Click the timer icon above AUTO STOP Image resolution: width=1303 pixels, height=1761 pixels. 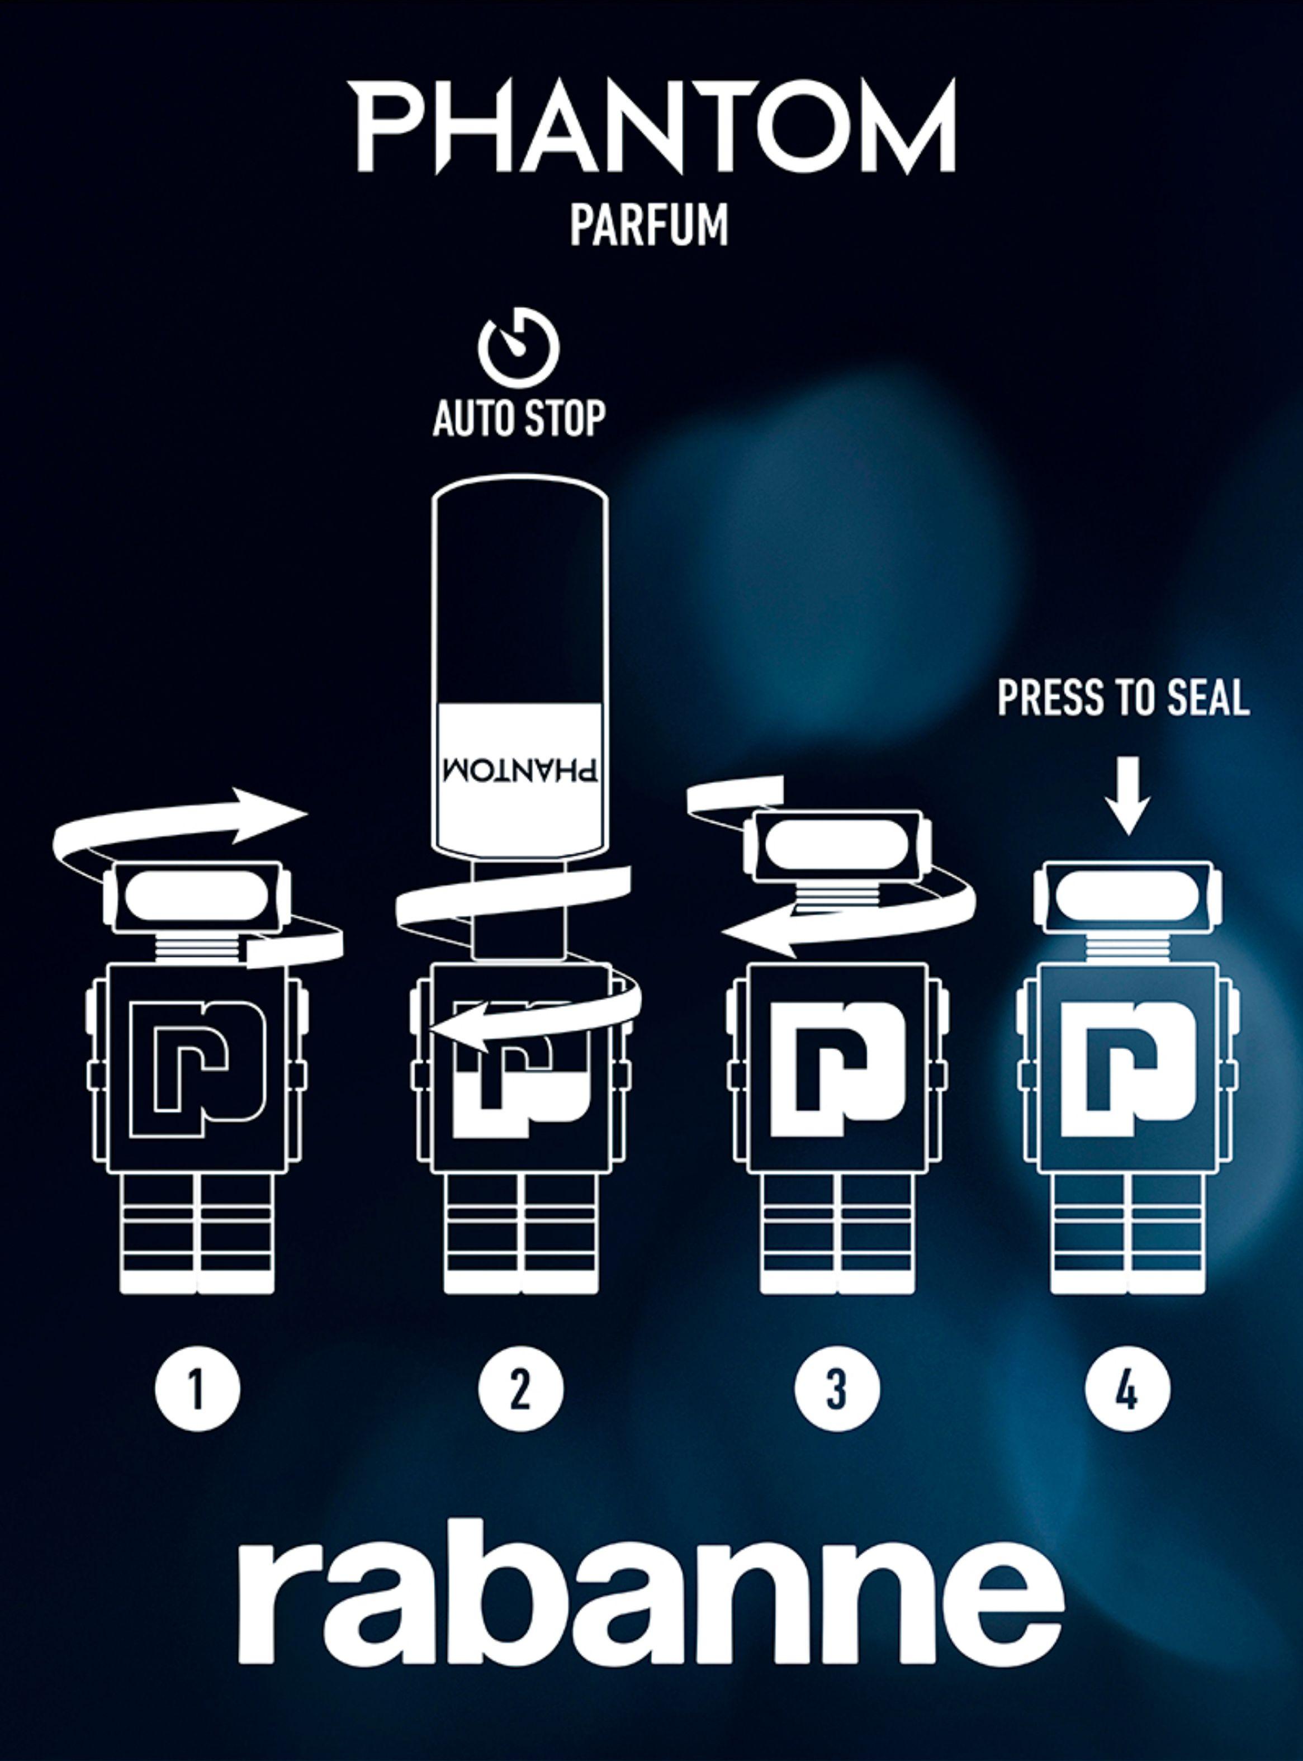(x=518, y=347)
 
